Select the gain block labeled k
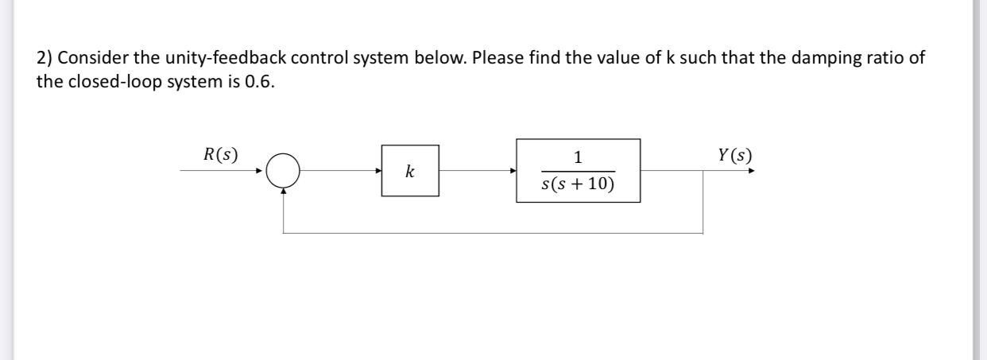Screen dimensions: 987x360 409,171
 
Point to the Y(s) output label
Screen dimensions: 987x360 733,154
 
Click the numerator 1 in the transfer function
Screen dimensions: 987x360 578,157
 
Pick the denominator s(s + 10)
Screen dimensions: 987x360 578,186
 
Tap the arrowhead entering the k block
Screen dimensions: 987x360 378,170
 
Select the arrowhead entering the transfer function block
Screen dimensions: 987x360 513,170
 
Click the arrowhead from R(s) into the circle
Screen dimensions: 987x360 259,170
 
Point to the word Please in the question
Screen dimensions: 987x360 498,59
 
